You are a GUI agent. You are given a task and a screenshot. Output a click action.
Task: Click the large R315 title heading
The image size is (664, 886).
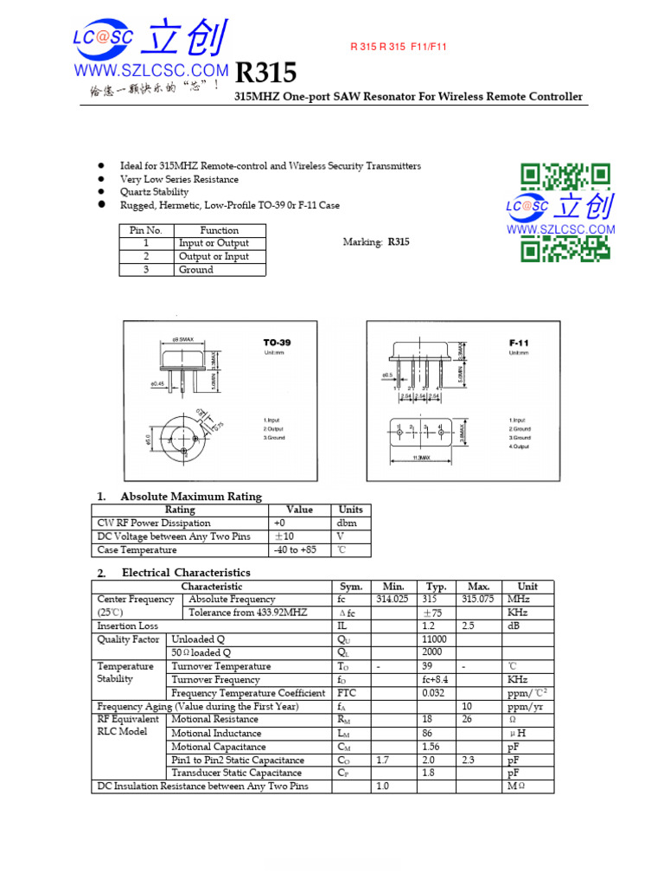click(x=265, y=73)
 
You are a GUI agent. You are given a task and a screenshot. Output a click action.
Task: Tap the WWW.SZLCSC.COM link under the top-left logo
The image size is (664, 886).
click(x=151, y=70)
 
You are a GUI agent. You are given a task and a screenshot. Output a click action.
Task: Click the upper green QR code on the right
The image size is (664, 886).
click(x=565, y=177)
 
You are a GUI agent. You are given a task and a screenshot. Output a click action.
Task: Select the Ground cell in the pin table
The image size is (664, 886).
click(x=196, y=270)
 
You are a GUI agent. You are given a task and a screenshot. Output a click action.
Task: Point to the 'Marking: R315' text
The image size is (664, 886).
click(x=376, y=242)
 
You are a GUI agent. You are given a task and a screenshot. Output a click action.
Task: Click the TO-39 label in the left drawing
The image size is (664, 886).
click(x=277, y=343)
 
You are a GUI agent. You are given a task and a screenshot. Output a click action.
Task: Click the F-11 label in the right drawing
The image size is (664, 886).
click(x=519, y=343)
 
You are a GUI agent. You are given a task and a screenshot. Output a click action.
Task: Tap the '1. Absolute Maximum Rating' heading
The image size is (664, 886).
click(x=179, y=497)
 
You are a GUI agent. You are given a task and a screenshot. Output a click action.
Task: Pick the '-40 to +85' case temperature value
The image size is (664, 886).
click(x=295, y=550)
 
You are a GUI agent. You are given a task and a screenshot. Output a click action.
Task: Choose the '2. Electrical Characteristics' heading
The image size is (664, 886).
click(x=174, y=573)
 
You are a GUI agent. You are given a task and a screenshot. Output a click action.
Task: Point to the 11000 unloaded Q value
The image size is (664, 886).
click(x=433, y=639)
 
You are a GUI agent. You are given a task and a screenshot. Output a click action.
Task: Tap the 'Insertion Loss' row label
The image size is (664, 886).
click(x=128, y=626)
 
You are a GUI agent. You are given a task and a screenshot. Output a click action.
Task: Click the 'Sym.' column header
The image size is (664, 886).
click(x=351, y=587)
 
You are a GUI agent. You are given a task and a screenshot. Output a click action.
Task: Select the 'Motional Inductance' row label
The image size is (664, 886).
click(x=216, y=734)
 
